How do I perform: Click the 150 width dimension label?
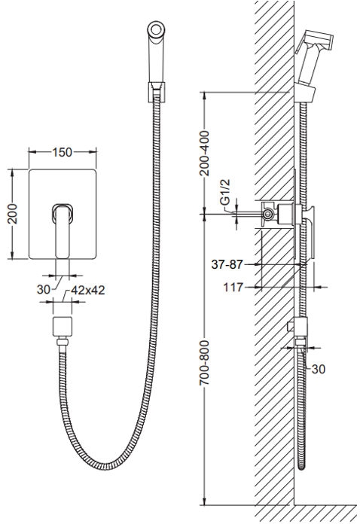pyautogui.click(x=63, y=153)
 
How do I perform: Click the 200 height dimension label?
pyautogui.click(x=12, y=214)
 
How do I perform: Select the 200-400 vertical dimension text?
pyautogui.click(x=204, y=154)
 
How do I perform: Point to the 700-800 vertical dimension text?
pyautogui.click(x=204, y=363)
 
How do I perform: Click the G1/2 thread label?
pyautogui.click(x=225, y=192)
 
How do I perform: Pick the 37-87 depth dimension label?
pyautogui.click(x=227, y=264)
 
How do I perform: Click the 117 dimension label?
pyautogui.click(x=233, y=288)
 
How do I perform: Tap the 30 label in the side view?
pyautogui.click(x=319, y=370)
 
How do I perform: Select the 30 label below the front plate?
pyautogui.click(x=44, y=289)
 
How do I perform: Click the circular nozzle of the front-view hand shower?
pyautogui.click(x=156, y=29)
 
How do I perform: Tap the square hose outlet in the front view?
pyautogui.click(x=63, y=326)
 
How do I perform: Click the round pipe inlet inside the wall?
pyautogui.click(x=268, y=213)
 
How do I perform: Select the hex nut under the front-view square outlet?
pyautogui.click(x=63, y=343)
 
